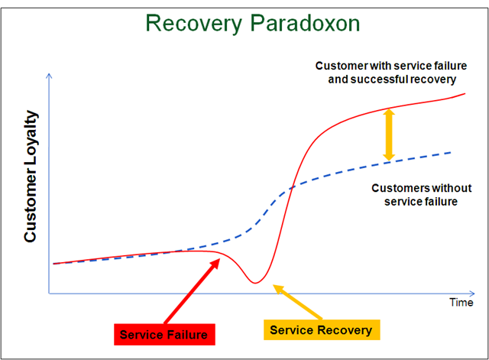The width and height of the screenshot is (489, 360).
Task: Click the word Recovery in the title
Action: point(195,24)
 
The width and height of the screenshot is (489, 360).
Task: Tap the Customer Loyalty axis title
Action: point(31,176)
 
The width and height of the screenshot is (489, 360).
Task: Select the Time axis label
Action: point(461,302)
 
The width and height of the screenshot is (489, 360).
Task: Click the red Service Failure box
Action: point(164,334)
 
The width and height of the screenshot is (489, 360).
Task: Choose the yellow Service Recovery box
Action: point(321,330)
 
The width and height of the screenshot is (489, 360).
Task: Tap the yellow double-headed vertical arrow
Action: point(389,135)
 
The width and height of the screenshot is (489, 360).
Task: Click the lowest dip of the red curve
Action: point(257,283)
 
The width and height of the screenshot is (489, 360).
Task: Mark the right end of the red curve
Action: point(465,93)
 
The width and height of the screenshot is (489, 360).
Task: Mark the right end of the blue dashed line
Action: point(451,152)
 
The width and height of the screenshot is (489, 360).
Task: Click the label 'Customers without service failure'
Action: point(421,195)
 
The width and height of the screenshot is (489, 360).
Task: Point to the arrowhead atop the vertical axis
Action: point(50,76)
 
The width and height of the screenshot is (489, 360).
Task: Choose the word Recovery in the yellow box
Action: point(346,330)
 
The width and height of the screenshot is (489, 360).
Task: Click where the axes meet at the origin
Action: point(50,294)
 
